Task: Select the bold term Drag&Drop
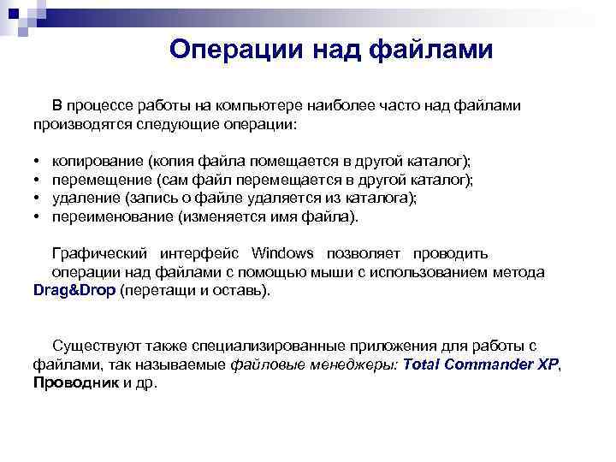[x=74, y=290]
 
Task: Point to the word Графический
[x=102, y=253]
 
